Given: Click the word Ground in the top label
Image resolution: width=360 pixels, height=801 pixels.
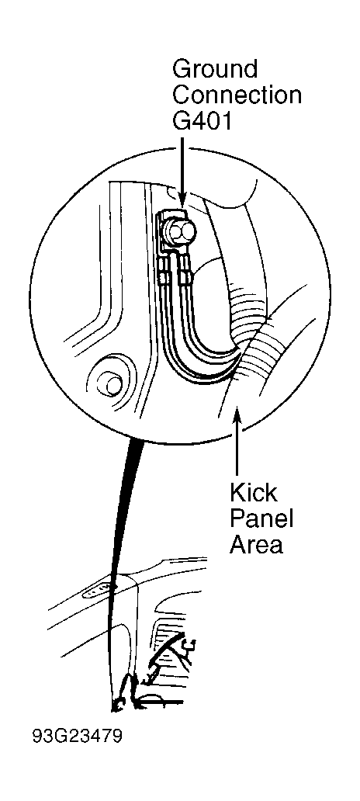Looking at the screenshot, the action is tap(214, 68).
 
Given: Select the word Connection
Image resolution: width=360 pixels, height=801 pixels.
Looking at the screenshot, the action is tap(237, 95).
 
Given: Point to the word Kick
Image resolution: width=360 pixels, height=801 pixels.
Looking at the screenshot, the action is tap(253, 493).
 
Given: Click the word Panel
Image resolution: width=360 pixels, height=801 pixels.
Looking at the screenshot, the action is tap(261, 519).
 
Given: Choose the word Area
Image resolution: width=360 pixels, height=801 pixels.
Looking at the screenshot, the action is tap(255, 545).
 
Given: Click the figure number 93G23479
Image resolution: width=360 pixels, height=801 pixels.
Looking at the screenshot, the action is tap(77, 737).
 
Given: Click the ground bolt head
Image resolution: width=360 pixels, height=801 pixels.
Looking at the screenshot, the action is tap(182, 233).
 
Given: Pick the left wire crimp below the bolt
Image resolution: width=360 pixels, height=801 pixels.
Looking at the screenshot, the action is tap(163, 271).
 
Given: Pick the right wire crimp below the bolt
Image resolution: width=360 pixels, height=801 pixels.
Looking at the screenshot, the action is tap(185, 271).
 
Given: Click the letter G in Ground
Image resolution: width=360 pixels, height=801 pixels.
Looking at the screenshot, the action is tap(182, 68).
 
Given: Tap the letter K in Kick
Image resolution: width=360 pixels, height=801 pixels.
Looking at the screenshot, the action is tap(237, 493).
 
